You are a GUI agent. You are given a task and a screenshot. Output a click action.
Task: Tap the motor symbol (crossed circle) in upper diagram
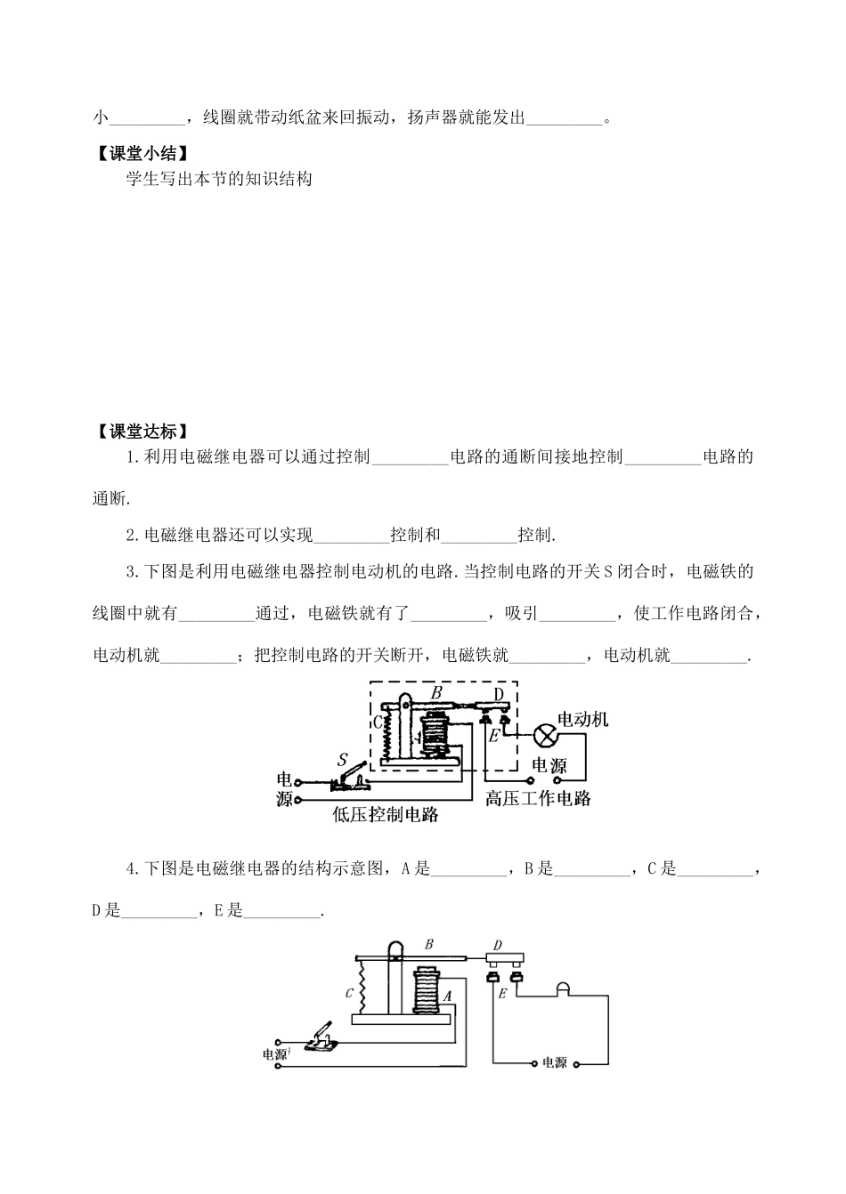545,738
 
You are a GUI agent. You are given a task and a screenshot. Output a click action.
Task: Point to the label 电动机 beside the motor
583,719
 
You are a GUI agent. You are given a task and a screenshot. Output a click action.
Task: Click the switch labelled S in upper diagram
350,779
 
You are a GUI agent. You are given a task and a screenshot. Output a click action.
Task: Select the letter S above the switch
343,759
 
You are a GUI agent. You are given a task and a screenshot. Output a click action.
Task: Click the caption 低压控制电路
385,814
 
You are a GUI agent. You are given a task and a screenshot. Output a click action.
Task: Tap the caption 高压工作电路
538,798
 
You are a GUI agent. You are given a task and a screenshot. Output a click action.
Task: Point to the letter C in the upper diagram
378,722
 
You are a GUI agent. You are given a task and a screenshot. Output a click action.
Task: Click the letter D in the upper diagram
499,693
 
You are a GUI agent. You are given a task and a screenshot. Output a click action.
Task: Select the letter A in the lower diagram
448,996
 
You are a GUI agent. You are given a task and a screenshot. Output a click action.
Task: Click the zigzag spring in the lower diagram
362,986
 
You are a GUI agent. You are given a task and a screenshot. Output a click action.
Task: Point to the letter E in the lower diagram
502,994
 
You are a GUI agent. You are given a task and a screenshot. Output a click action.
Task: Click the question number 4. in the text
133,869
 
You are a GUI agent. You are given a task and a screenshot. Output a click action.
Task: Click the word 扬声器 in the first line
433,117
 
